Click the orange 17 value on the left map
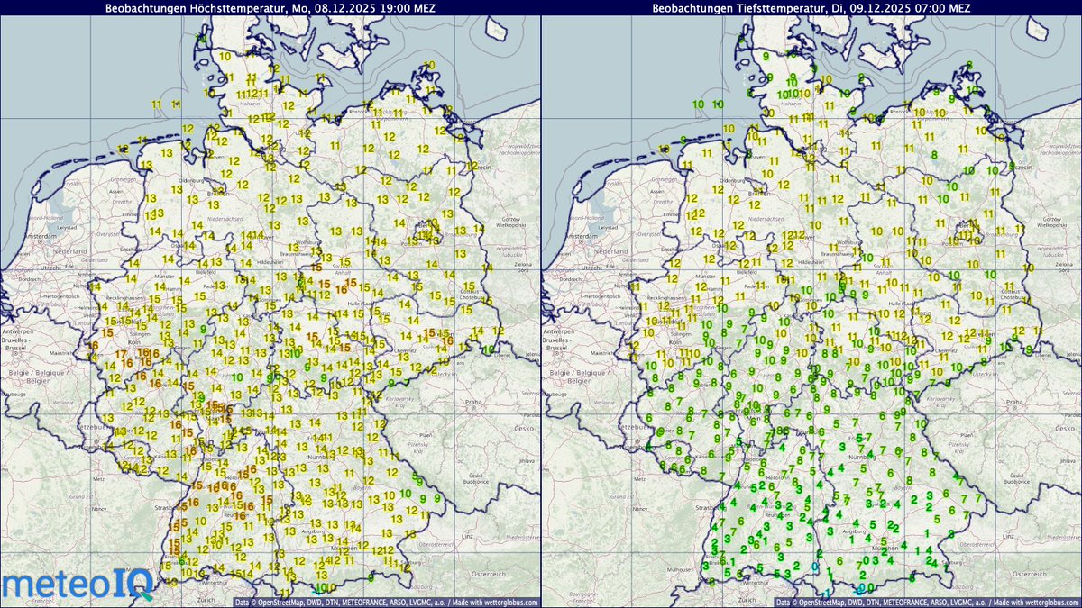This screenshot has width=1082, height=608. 122,355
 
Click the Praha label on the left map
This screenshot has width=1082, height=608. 473,402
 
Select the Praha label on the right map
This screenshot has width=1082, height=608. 1014,402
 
